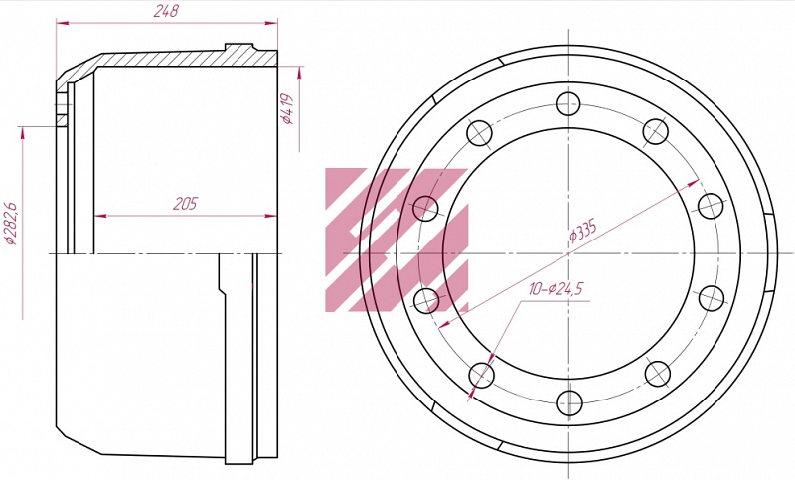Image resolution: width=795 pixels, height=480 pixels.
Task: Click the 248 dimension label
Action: pos(166,11)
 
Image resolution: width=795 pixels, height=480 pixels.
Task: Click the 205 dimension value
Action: pos(185,204)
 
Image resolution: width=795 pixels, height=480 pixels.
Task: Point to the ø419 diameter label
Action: pos(287,109)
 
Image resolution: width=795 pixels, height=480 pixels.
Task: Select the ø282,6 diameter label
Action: pos(10,224)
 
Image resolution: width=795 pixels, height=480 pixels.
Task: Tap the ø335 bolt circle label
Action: pos(583,232)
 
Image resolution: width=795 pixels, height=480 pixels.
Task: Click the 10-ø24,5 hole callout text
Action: pos(556,289)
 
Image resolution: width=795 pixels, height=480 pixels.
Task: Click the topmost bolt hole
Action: pos(568,104)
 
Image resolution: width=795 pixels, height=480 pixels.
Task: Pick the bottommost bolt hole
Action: pos(569,402)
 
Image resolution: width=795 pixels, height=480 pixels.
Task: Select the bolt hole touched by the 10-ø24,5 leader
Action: pos(481,375)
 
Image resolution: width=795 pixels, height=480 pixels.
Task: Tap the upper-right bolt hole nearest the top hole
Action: pos(656,132)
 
